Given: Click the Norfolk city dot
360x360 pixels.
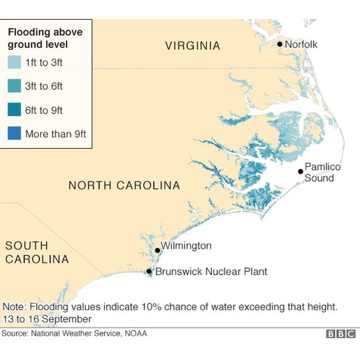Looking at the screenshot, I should [280, 45].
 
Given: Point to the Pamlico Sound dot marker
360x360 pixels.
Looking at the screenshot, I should [300, 172].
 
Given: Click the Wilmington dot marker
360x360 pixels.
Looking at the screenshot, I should [157, 250].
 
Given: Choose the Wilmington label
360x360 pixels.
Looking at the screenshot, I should [186, 246].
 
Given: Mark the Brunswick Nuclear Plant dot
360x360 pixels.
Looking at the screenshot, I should [150, 271].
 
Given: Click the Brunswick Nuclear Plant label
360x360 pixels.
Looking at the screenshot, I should [211, 271].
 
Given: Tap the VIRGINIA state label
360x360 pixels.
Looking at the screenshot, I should [192, 46].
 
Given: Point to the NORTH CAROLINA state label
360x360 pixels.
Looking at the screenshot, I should [124, 186].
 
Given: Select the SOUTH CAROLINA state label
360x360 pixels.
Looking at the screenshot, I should [37, 252].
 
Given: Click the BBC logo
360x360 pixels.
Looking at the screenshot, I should [341, 334].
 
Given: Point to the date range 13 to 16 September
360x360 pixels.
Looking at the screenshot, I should [47, 319].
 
